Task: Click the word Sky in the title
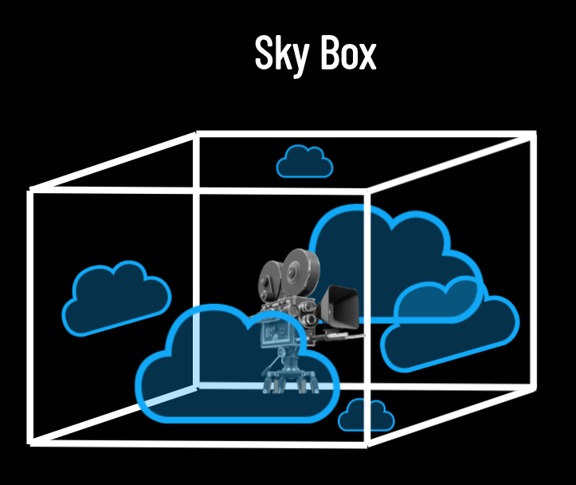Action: [x=278, y=54]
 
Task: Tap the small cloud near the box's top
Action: [x=304, y=163]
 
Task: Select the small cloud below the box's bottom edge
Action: [x=366, y=417]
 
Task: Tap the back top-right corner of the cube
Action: [x=532, y=136]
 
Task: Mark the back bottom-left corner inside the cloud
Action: [x=197, y=386]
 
